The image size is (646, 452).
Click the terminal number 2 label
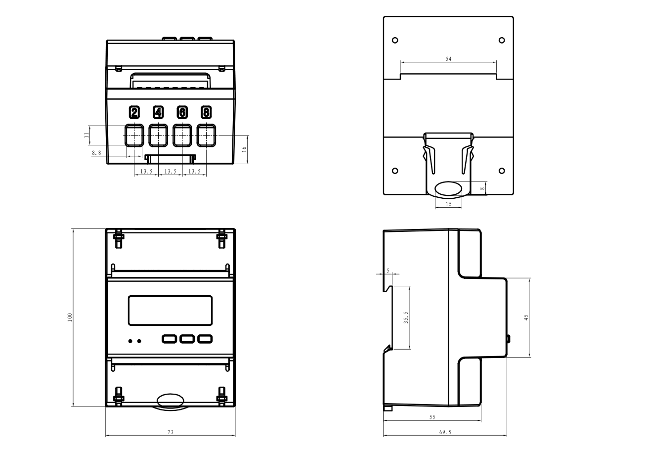134,112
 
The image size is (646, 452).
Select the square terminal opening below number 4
158,135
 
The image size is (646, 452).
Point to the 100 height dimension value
70,317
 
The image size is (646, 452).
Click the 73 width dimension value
170,432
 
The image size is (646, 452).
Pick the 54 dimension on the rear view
448,59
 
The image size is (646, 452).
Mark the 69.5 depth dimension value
445,432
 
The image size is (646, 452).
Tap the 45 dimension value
526,317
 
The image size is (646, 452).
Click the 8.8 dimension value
96,153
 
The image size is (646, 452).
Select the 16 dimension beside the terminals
244,149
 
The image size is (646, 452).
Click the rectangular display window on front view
171,311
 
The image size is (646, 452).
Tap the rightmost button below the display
205,339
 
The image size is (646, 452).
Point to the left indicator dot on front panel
130,341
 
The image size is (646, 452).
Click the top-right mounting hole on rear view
502,40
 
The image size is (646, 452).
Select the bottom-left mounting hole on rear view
394,171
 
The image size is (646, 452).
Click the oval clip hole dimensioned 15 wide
449,189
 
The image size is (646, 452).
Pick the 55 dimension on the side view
432,417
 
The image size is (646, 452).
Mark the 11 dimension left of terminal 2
86,135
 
